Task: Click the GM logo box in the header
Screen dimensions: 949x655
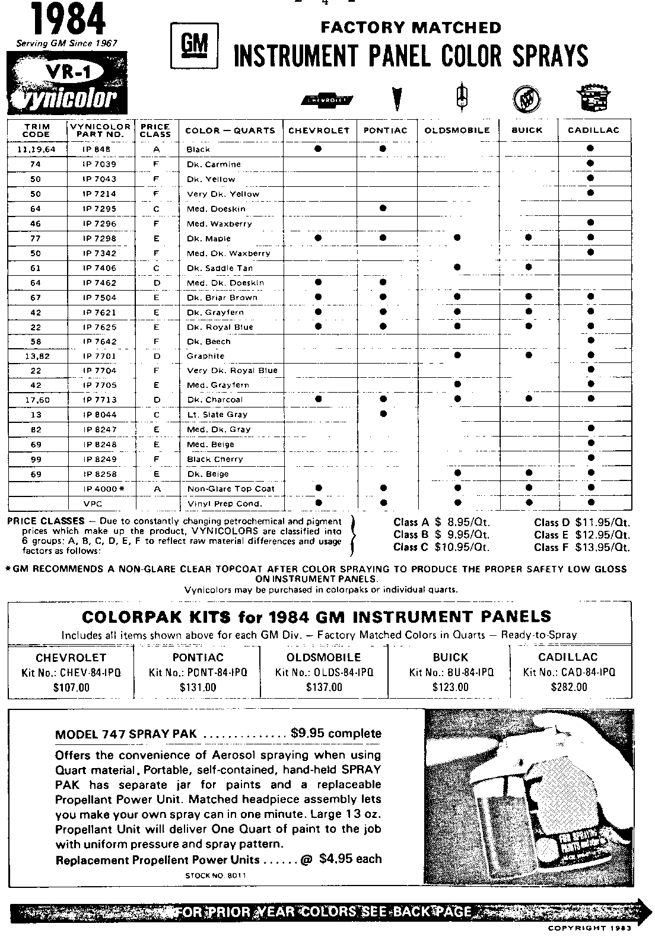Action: [193, 44]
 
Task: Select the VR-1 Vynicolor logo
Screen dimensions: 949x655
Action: [67, 85]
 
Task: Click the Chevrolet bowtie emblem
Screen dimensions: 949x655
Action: [327, 101]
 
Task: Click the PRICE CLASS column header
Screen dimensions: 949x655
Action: [155, 130]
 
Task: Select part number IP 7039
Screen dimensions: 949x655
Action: [100, 164]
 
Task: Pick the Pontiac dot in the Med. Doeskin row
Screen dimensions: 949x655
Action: [383, 208]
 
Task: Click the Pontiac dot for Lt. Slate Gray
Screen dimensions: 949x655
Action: [383, 413]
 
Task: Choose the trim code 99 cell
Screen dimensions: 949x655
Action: [35, 459]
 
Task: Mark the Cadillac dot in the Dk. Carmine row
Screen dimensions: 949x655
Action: [590, 163]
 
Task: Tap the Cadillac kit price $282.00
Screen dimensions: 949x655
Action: [570, 687]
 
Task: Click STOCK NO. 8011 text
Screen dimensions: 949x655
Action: [216, 875]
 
